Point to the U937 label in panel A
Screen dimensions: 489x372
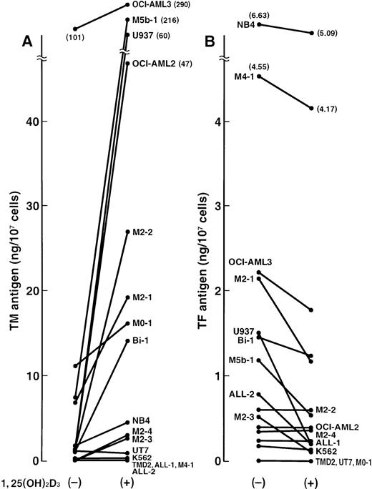tap(143, 34)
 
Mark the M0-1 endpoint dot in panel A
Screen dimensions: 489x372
tap(127, 323)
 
